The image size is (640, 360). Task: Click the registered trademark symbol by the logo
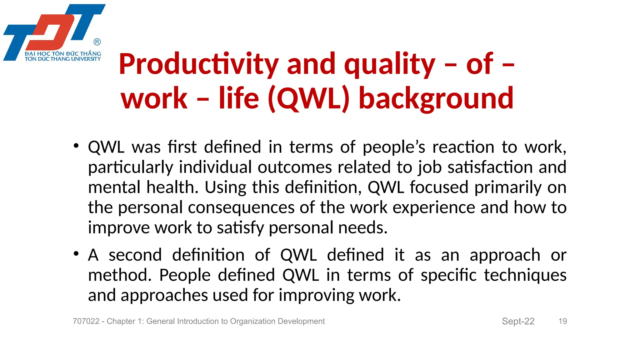(97, 42)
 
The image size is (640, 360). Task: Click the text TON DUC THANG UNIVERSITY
(63, 59)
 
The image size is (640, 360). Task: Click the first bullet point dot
(76, 146)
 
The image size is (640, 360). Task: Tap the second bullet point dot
(76, 254)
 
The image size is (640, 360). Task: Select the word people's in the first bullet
(394, 147)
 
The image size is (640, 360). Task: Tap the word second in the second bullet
(135, 255)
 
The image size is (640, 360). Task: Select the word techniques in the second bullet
(525, 275)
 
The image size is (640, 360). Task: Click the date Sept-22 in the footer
(518, 321)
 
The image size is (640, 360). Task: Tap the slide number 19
(562, 321)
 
